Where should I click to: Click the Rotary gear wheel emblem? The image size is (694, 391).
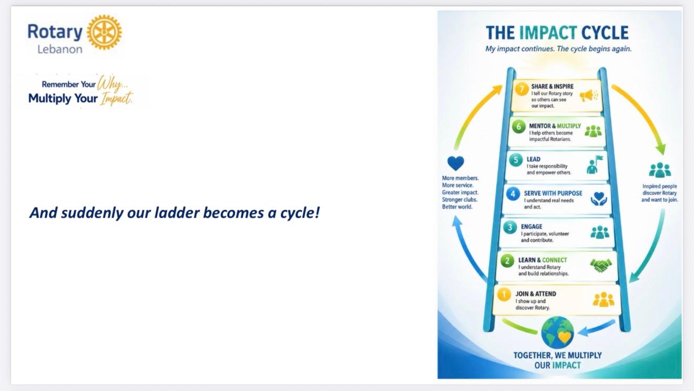coord(104,32)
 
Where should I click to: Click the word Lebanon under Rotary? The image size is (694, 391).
coord(60,49)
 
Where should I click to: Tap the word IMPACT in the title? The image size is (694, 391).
coord(548,33)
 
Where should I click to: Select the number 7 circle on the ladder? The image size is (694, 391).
coord(522,89)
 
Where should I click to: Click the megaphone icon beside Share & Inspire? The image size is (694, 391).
coord(589,96)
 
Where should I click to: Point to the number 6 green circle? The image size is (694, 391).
coord(518,127)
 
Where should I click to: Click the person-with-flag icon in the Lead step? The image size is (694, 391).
coord(594,164)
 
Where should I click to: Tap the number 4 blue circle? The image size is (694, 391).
coord(513,194)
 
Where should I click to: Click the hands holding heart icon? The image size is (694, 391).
coord(598,199)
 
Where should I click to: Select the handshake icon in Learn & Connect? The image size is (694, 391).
coord(601,265)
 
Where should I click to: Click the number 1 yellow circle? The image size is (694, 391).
coord(504,294)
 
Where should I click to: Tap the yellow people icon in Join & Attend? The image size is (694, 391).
coord(604,300)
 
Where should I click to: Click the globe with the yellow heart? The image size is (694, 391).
coord(557,333)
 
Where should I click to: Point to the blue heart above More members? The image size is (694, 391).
coord(456,163)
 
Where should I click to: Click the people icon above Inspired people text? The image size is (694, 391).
coord(660,170)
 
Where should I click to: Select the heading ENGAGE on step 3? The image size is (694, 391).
coord(532,227)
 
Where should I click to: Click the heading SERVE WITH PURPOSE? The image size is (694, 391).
coord(553,193)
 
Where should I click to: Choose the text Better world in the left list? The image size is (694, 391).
coord(457,207)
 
